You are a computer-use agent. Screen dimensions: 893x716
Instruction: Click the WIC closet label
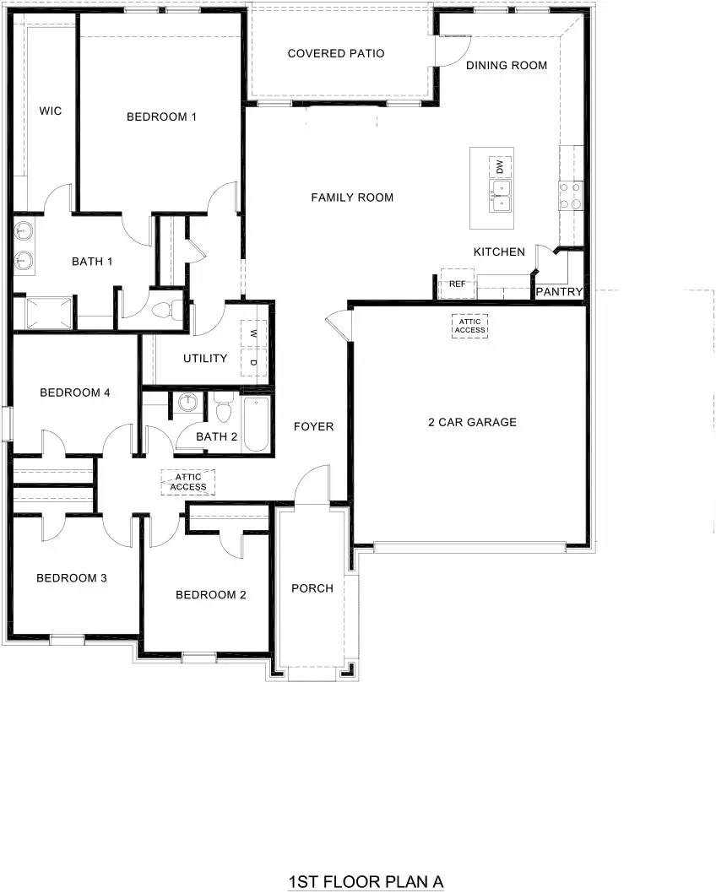pyautogui.click(x=51, y=111)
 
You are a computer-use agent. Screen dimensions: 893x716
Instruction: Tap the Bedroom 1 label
pyautogui.click(x=161, y=116)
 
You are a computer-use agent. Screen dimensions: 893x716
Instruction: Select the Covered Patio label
pyautogui.click(x=336, y=54)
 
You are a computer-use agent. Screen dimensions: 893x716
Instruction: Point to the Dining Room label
pyautogui.click(x=507, y=65)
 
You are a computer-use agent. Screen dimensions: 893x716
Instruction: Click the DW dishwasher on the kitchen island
pyautogui.click(x=500, y=166)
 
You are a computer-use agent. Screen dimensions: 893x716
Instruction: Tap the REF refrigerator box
pyautogui.click(x=457, y=284)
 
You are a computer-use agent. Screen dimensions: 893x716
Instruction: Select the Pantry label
pyautogui.click(x=560, y=292)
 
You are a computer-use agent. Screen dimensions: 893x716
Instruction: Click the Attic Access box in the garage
pyautogui.click(x=469, y=326)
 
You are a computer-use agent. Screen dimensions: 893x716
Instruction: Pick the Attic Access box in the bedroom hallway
pyautogui.click(x=188, y=483)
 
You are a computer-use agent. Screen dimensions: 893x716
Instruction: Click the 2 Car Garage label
pyautogui.click(x=472, y=422)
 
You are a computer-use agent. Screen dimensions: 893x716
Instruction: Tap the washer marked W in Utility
pyautogui.click(x=253, y=334)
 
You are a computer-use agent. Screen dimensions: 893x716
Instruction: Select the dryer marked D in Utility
pyautogui.click(x=253, y=364)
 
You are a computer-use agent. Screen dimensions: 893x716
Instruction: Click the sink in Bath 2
pyautogui.click(x=188, y=403)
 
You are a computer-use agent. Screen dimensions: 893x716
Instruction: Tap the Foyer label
pyautogui.click(x=313, y=427)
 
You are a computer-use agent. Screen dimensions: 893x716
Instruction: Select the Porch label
pyautogui.click(x=312, y=588)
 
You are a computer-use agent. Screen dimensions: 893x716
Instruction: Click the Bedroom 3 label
pyautogui.click(x=71, y=578)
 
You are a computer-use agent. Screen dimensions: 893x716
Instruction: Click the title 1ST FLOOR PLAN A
pyautogui.click(x=366, y=882)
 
